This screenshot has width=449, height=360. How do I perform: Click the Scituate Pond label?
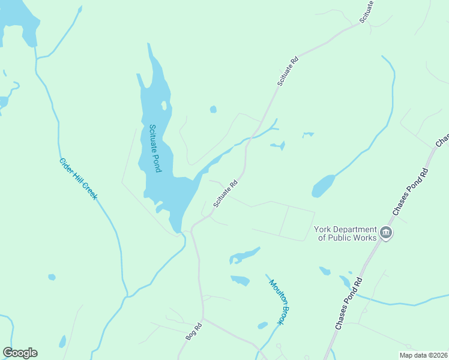(155, 148)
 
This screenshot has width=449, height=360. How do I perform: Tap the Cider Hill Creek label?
(78, 179)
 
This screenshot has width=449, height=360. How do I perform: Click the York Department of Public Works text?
(345, 233)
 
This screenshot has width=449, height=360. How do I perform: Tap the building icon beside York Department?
(386, 233)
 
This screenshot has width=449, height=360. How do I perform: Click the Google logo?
(20, 353)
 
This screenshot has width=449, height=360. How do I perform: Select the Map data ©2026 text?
(423, 355)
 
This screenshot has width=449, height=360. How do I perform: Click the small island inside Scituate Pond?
(163, 106)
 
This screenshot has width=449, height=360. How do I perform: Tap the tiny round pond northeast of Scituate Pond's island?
(213, 109)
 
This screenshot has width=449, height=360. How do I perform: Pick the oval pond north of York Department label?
(322, 186)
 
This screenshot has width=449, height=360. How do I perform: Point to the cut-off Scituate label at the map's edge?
(367, 11)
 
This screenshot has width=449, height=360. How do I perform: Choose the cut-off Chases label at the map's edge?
(442, 140)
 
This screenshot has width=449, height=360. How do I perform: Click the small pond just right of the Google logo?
(62, 342)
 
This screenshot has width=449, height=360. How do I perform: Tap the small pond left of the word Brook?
(262, 325)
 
